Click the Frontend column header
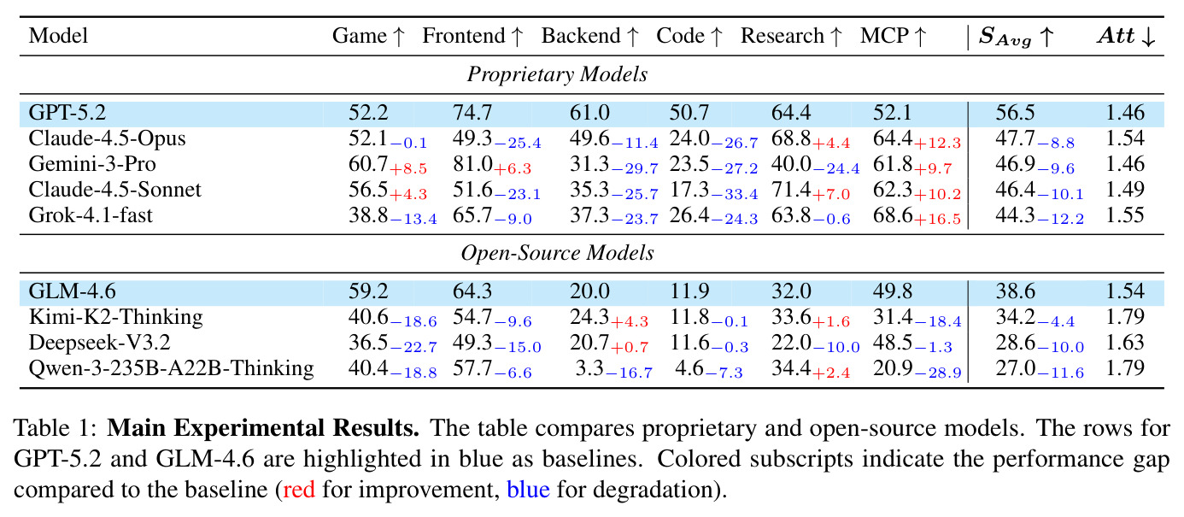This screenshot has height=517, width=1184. tap(472, 36)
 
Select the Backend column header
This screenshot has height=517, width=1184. tap(590, 36)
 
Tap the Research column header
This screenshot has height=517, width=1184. tap(791, 36)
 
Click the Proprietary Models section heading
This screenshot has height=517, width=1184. tap(557, 74)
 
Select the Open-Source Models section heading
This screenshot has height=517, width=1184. tap(557, 253)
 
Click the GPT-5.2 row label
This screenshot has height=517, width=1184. tap(67, 113)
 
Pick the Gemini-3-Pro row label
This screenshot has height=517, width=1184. tap(92, 164)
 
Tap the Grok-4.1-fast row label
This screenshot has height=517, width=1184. tap(91, 215)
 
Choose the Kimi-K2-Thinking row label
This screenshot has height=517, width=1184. tap(116, 317)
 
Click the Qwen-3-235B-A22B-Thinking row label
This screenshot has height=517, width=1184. tap(171, 368)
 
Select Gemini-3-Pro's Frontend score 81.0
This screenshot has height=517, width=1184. tap(472, 164)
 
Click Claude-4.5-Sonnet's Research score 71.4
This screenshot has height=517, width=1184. tap(791, 189)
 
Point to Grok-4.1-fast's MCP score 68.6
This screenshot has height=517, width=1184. tap(893, 215)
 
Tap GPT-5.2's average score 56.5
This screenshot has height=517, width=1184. tap(1016, 113)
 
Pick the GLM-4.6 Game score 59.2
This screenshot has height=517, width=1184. tap(368, 291)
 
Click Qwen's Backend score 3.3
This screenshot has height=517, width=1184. tap(589, 368)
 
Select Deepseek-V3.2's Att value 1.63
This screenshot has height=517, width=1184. tap(1125, 343)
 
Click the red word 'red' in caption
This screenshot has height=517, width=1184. tap(299, 490)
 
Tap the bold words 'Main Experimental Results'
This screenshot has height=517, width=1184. tap(263, 427)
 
